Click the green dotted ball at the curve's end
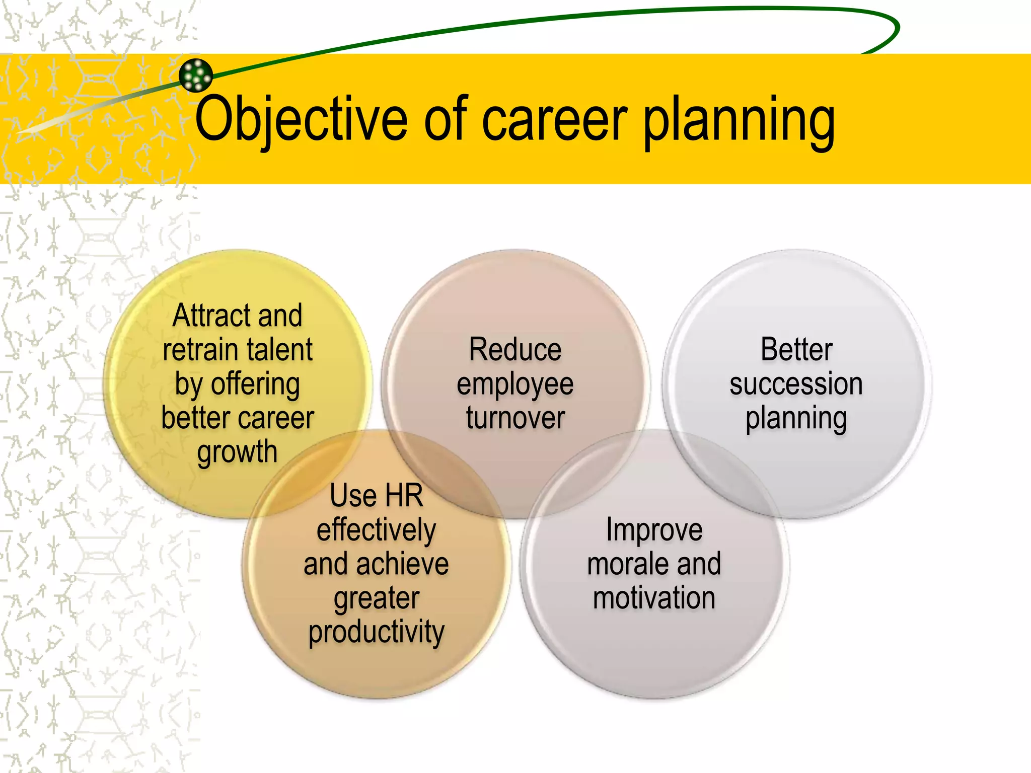click(x=196, y=75)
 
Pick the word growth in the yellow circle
click(x=237, y=452)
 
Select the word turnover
click(x=515, y=418)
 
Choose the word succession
click(x=796, y=384)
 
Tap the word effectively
click(x=376, y=530)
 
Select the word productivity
click(x=376, y=633)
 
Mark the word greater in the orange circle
click(x=376, y=599)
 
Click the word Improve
click(x=654, y=530)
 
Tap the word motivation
click(x=654, y=598)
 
